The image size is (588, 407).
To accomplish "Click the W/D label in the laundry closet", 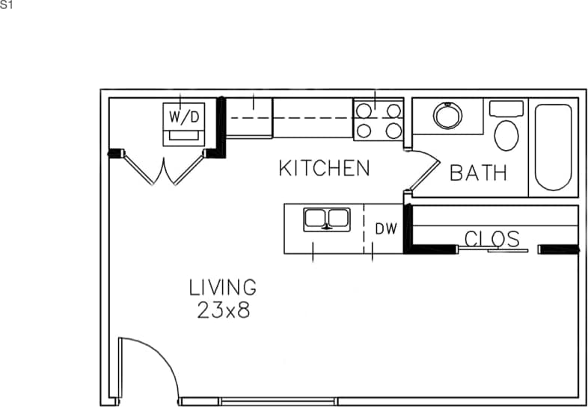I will (x=184, y=116).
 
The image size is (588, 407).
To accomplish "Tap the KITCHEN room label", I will (x=324, y=169).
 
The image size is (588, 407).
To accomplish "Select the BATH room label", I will (x=478, y=173).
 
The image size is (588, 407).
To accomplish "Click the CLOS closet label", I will (x=492, y=239).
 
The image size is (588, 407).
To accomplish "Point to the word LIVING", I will (x=222, y=287).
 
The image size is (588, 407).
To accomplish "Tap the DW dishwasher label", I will (x=385, y=229).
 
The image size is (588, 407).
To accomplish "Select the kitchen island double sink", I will (x=326, y=220).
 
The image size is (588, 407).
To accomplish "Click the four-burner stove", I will (x=378, y=120).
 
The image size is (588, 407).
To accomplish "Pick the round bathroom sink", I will (x=447, y=116).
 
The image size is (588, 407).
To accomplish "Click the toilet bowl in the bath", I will (x=507, y=135).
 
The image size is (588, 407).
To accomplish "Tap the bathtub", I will (x=554, y=147).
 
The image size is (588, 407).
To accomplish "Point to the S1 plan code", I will (x=7, y=5).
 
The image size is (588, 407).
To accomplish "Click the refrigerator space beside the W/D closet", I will (x=249, y=118).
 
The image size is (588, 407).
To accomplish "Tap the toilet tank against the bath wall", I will (x=507, y=108).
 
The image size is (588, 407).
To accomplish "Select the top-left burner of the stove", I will (x=364, y=111).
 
